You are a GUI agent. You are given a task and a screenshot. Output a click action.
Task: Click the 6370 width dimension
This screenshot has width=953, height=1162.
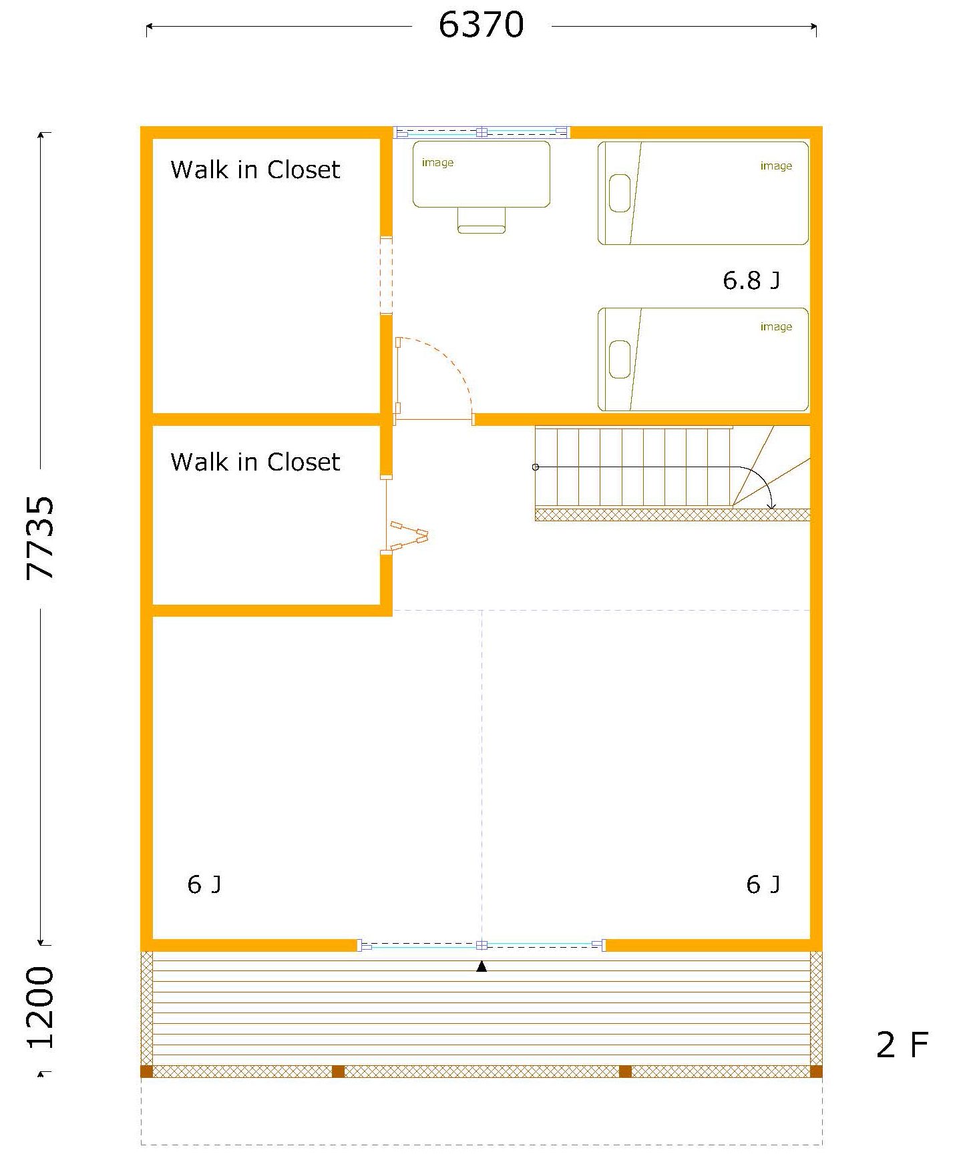481,25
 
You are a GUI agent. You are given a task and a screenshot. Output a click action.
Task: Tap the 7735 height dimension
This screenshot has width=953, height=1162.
40,538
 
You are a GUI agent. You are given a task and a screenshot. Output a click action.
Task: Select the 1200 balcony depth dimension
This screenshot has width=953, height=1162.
40,1008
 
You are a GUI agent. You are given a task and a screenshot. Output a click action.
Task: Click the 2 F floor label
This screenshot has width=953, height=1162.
902,1045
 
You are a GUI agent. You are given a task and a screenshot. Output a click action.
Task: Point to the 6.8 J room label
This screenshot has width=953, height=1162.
751,280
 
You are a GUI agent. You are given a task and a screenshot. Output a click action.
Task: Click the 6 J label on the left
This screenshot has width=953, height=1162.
204,884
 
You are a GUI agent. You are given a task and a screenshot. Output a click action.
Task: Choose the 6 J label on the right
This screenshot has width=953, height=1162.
763,884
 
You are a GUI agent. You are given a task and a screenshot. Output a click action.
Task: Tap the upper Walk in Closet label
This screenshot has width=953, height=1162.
255,170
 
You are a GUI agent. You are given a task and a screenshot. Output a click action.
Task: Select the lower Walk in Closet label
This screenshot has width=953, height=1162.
255,462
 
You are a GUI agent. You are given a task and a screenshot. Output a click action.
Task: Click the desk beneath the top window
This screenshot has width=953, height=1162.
482,174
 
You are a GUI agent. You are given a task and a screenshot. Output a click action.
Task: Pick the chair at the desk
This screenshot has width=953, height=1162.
482,220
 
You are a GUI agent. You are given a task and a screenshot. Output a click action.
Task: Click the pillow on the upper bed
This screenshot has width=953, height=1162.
620,193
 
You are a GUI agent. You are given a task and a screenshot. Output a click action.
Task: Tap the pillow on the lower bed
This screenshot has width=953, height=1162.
620,359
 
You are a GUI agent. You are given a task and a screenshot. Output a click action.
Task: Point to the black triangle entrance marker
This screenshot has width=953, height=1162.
482,966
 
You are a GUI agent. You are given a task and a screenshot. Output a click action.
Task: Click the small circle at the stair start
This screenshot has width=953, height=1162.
536,467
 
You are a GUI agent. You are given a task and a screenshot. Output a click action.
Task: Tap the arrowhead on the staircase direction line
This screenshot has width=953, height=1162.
771,505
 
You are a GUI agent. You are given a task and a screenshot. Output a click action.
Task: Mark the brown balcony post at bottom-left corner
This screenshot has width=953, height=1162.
147,1072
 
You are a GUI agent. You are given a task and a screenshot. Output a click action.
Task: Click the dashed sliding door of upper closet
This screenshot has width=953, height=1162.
386,275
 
